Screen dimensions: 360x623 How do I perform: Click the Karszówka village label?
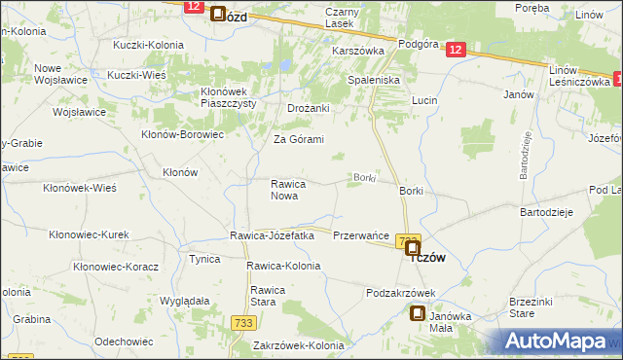(360, 49)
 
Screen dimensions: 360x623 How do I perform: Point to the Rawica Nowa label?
(289, 190)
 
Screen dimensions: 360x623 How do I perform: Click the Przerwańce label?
(361, 236)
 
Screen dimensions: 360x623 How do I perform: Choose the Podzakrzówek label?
(400, 293)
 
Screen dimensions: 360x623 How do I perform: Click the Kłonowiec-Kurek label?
(89, 234)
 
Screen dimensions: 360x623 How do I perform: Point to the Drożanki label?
(309, 108)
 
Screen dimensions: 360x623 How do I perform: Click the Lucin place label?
(424, 101)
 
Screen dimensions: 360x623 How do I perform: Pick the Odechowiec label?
(122, 342)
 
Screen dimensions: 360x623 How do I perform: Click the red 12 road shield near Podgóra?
(458, 51)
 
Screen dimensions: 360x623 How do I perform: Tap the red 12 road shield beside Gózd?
(192, 7)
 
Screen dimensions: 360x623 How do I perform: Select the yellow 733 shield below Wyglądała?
(244, 322)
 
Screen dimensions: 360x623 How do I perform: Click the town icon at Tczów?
(413, 249)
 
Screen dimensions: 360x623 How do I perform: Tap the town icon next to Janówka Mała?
(418, 314)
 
